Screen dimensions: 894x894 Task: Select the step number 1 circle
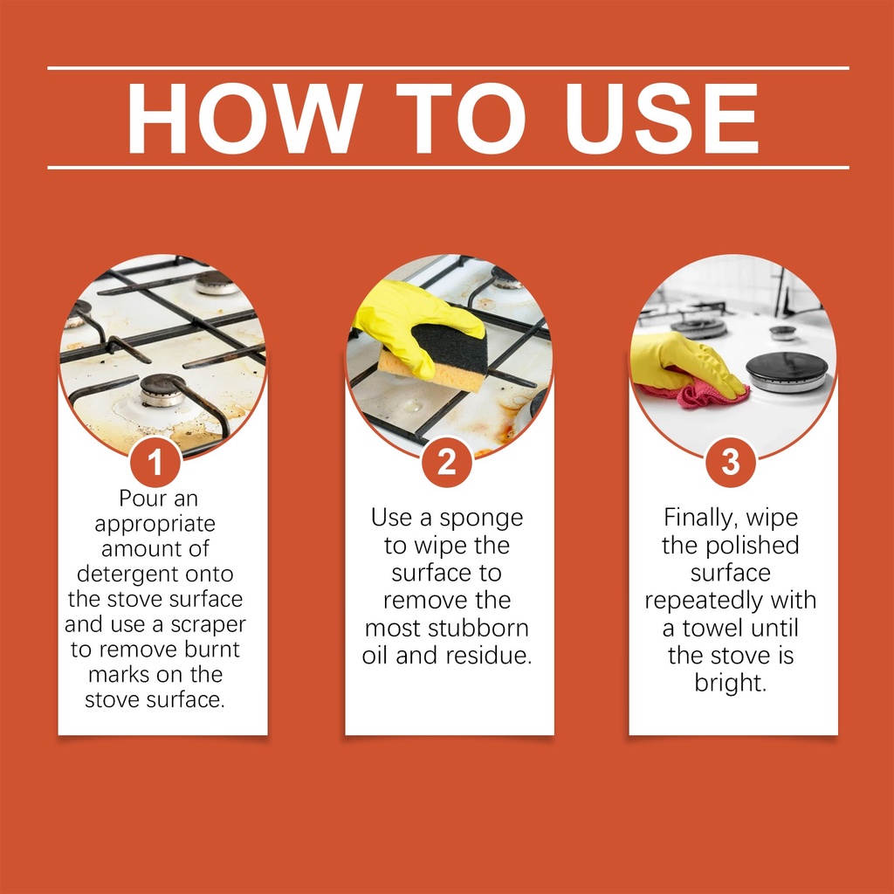pos(155,461)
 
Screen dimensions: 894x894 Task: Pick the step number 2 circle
pos(447,461)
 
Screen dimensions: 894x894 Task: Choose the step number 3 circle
pos(731,461)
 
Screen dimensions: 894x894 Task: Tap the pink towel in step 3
pos(692,394)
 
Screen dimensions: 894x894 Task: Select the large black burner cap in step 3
pos(787,369)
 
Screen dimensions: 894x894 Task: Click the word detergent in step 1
pos(123,574)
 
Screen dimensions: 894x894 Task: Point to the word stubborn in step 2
pos(478,628)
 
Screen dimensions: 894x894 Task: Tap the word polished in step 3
pos(752,545)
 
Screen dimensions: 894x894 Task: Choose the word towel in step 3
pos(713,628)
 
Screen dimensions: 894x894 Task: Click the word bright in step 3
pos(731,683)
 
